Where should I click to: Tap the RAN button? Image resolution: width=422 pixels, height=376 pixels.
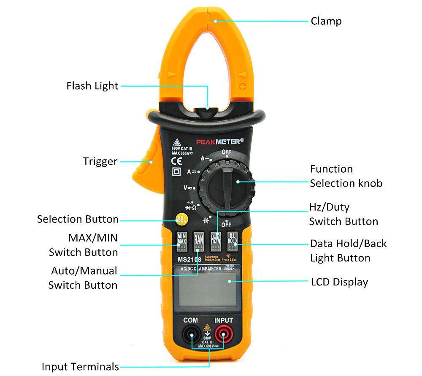[x=199, y=242]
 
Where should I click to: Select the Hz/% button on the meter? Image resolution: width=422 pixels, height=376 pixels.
[x=216, y=242]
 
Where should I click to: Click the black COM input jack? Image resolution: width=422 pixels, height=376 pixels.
[x=191, y=336]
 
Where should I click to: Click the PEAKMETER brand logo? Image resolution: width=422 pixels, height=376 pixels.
[x=219, y=141]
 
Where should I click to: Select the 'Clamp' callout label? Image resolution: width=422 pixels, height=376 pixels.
[x=326, y=21]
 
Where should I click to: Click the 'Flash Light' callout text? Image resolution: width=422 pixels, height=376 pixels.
[x=92, y=86]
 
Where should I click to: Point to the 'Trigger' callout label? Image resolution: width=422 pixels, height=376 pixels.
[x=100, y=161]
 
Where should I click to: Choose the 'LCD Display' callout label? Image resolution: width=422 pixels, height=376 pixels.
[x=339, y=282]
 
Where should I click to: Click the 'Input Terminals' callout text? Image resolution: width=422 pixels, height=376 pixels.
[x=80, y=366]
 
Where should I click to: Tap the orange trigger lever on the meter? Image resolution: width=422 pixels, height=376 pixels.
[x=145, y=160]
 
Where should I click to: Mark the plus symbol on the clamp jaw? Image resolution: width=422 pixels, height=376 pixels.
[x=243, y=87]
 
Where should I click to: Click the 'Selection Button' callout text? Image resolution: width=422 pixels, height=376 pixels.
[x=78, y=219]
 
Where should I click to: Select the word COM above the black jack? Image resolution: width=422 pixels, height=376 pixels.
[x=190, y=321]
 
